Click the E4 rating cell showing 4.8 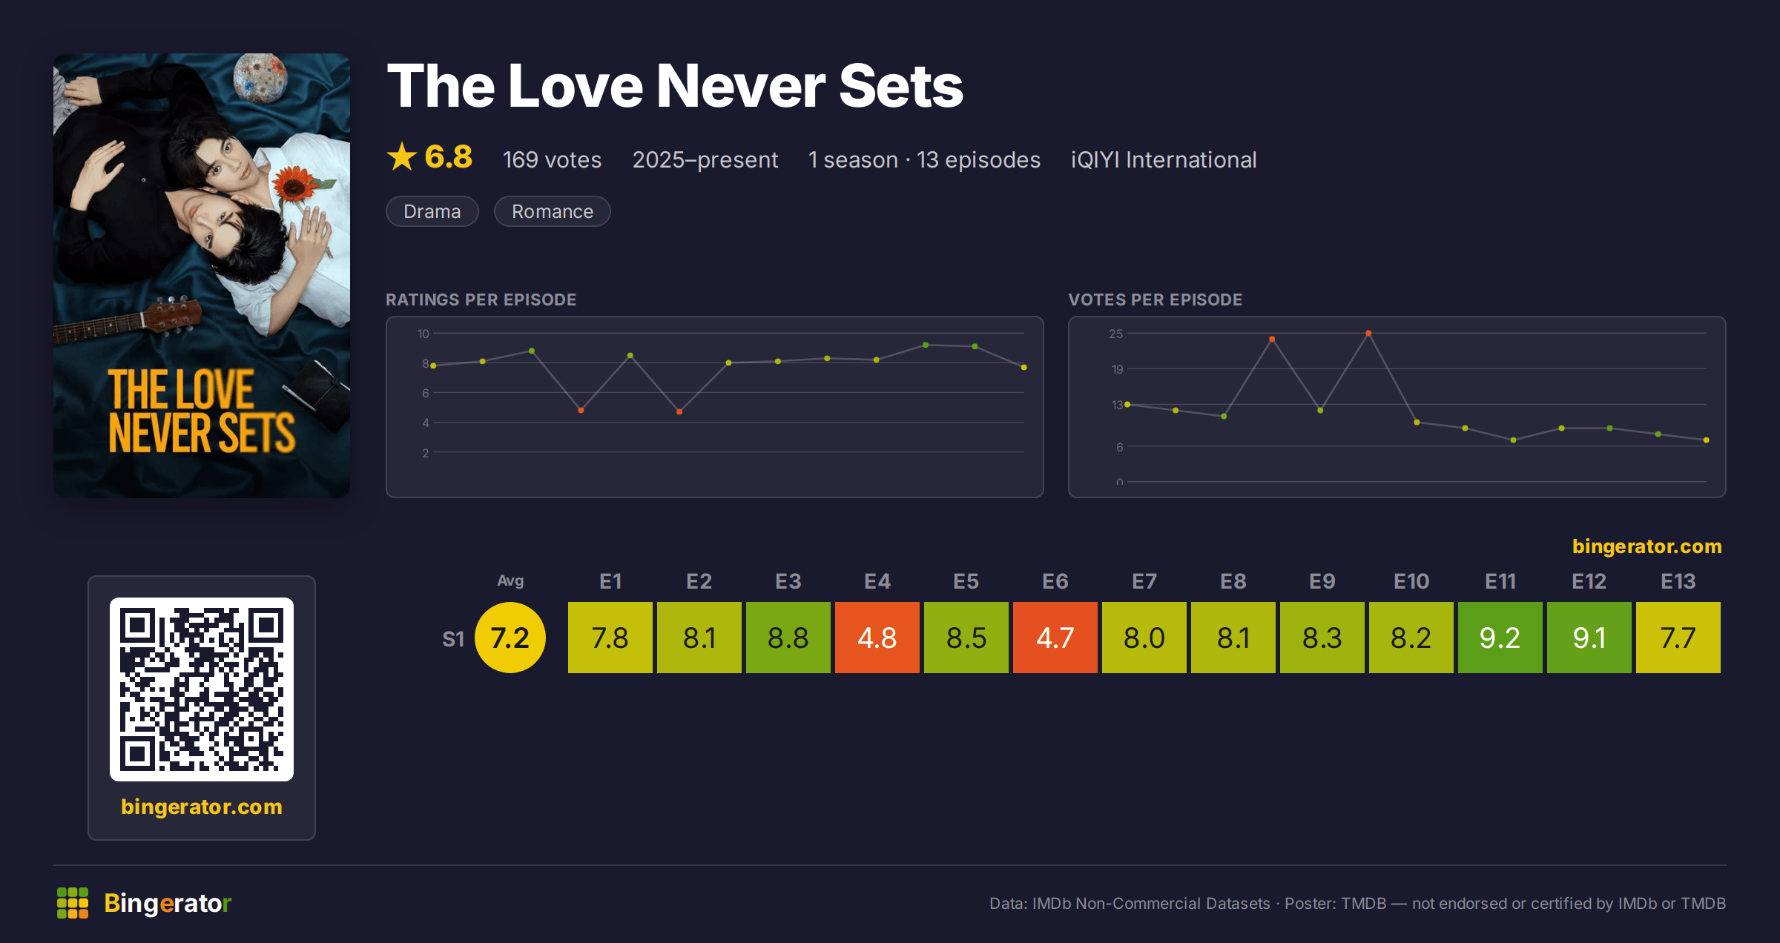click(877, 638)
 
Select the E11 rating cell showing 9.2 click(1500, 638)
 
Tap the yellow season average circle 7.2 click(510, 638)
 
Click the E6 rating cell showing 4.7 click(1055, 638)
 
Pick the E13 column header click(1678, 581)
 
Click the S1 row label click(453, 639)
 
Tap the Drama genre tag click(432, 211)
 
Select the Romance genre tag click(553, 211)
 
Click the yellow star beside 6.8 click(402, 156)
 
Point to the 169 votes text click(552, 159)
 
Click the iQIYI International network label click(1164, 159)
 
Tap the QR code click(202, 689)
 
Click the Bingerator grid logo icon click(73, 903)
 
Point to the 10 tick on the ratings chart click(423, 334)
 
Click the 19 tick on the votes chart click(1117, 369)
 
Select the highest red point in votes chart click(1368, 333)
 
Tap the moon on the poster click(260, 77)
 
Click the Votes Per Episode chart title click(1155, 300)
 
